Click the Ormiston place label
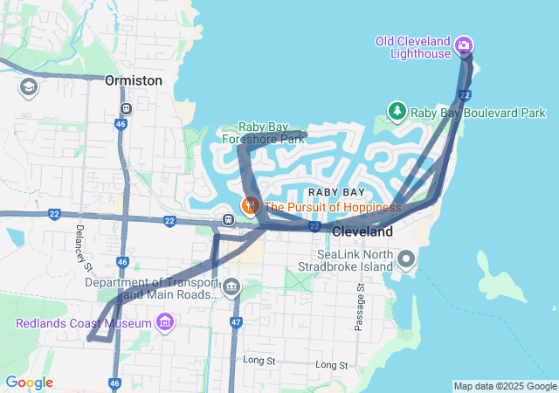133,80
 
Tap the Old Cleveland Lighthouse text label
413,47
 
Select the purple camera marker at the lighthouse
465,45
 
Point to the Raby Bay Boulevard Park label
478,113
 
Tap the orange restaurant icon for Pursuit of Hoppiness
251,206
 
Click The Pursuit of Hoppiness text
332,207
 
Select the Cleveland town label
362,232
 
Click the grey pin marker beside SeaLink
405,259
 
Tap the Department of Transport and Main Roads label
150,288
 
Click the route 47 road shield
236,322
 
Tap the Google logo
29,383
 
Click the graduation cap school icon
28,87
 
